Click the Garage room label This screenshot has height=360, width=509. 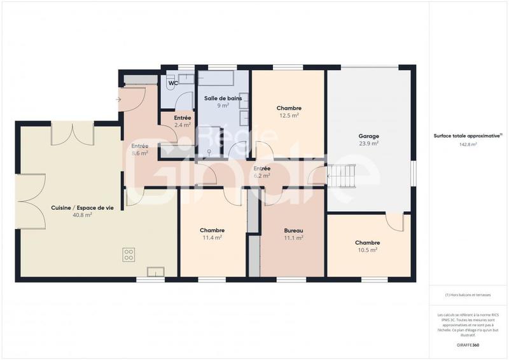point(368,136)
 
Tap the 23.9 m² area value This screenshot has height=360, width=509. point(368,144)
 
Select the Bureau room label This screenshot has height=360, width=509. point(293,230)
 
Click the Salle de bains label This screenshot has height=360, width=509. point(222,99)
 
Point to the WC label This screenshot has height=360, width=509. point(172,83)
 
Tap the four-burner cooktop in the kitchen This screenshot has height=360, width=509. point(129,254)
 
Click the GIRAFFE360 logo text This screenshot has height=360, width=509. point(468,345)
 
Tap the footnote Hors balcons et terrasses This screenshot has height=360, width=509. point(468,295)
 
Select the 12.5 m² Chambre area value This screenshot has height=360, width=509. point(288,116)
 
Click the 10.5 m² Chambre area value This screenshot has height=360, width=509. point(368,250)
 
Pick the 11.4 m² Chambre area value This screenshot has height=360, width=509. point(212,238)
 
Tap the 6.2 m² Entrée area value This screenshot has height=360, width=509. point(261,176)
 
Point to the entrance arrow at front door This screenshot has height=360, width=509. point(118,99)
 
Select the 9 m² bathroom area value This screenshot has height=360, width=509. point(222,106)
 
